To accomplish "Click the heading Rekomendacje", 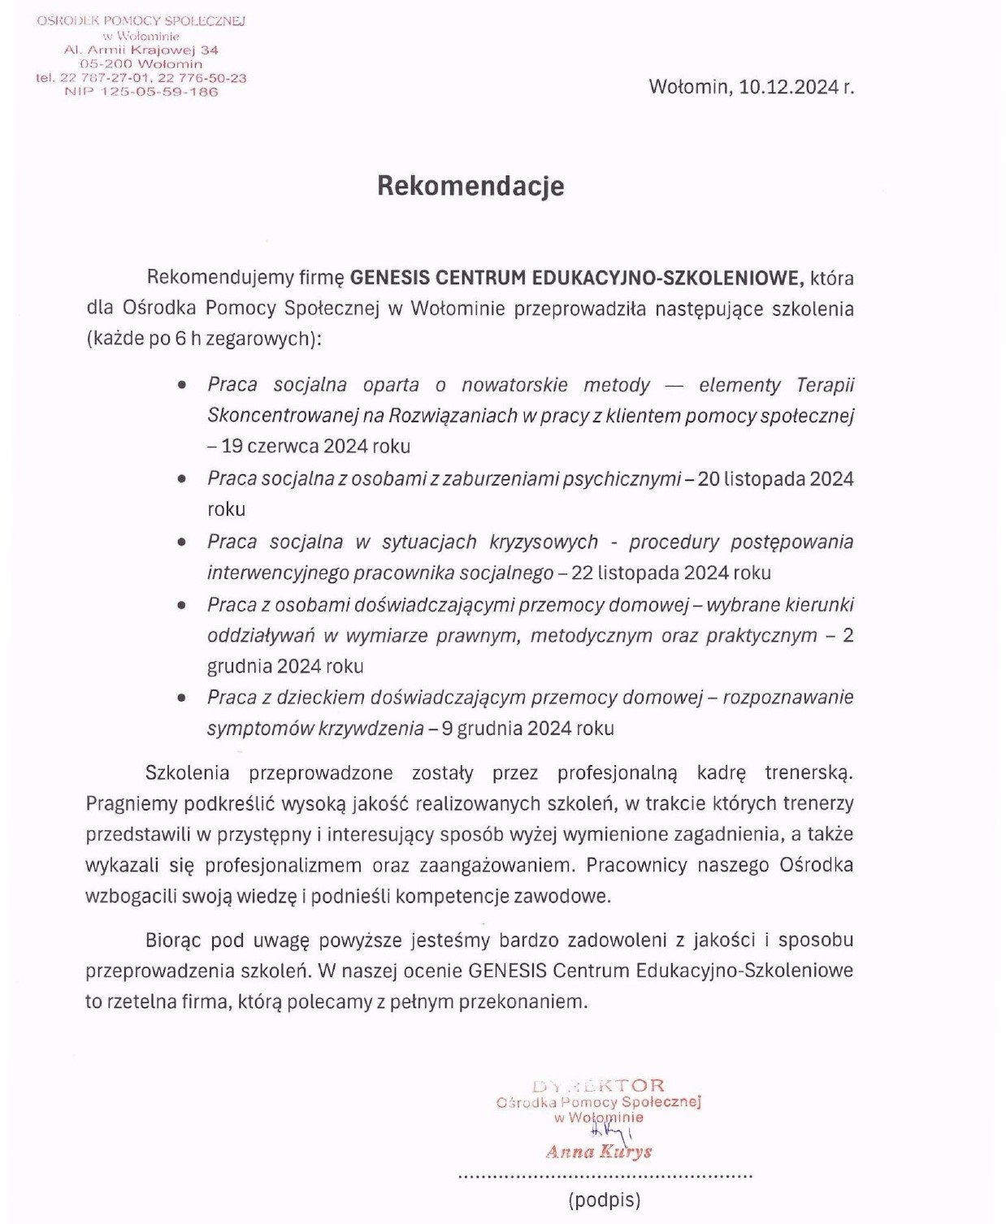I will pyautogui.click(x=470, y=186).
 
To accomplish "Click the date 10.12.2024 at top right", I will pyautogui.click(x=789, y=87).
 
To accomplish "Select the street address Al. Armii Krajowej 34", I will pyautogui.click(x=141, y=50).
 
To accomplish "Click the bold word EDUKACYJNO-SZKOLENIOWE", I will pyautogui.click(x=666, y=278).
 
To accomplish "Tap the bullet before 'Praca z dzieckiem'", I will pyautogui.click(x=182, y=698).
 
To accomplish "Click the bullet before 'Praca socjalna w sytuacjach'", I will pyautogui.click(x=182, y=542).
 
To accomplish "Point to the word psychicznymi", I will pyautogui.click(x=627, y=478).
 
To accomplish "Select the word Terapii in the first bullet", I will pyautogui.click(x=825, y=384).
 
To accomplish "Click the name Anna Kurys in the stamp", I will pyautogui.click(x=599, y=1152).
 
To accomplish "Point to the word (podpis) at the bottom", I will pyautogui.click(x=605, y=1200).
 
